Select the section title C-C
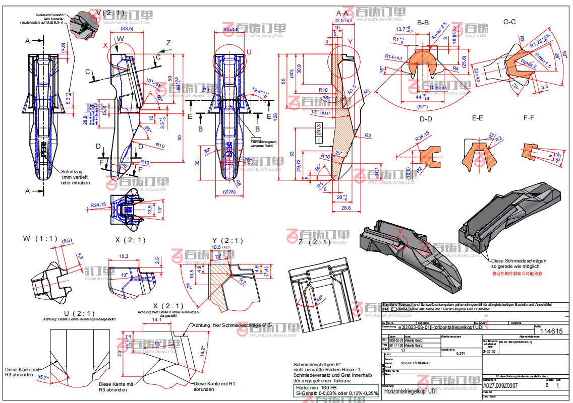tap(509, 22)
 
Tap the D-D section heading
tap(426, 119)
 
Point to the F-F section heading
tap(529, 117)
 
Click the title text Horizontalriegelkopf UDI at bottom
tap(410, 391)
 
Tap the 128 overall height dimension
tap(275, 116)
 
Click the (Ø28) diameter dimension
tap(229, 192)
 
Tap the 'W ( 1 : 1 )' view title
tap(40, 238)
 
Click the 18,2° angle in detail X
tap(203, 351)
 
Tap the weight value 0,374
tap(460, 354)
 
